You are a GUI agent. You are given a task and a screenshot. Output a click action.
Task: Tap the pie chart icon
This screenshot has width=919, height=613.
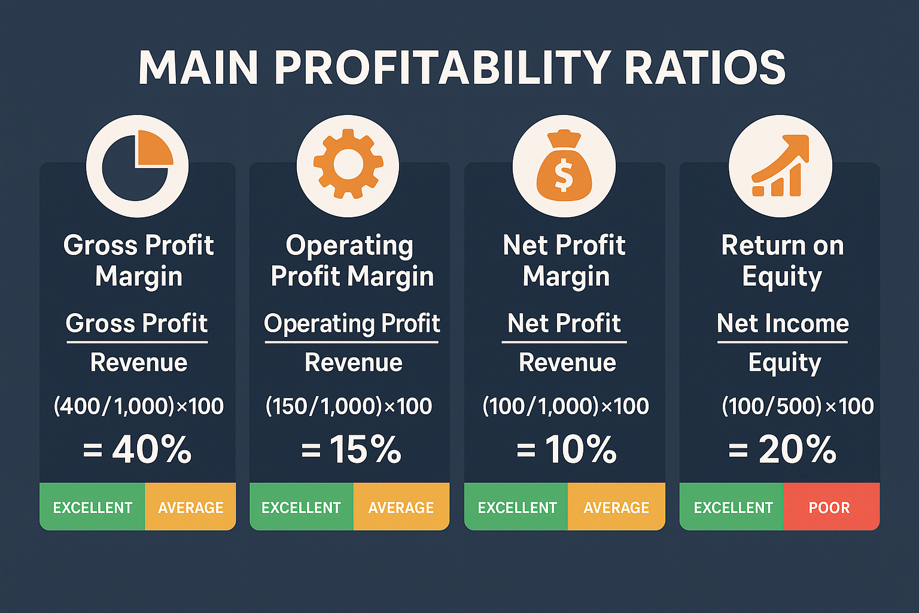click(138, 166)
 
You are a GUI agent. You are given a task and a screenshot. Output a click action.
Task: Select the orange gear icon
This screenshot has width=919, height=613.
click(348, 164)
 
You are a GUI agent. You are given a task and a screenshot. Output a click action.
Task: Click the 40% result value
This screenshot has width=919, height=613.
click(152, 450)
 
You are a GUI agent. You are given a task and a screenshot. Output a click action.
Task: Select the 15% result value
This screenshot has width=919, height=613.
click(366, 450)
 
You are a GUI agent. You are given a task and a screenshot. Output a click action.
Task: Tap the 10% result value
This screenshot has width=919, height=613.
click(581, 450)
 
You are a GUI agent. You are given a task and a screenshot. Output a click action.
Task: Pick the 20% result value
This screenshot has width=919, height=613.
click(797, 450)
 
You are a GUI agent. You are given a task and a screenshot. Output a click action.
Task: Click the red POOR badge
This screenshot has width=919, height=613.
click(832, 506)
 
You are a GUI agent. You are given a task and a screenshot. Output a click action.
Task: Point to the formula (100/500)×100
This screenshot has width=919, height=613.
click(798, 406)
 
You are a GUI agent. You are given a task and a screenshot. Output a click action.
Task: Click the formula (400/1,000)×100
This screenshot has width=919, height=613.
click(139, 406)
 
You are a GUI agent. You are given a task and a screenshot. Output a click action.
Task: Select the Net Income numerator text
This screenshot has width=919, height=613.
click(783, 323)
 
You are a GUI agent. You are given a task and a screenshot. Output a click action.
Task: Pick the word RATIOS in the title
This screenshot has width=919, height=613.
click(705, 67)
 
